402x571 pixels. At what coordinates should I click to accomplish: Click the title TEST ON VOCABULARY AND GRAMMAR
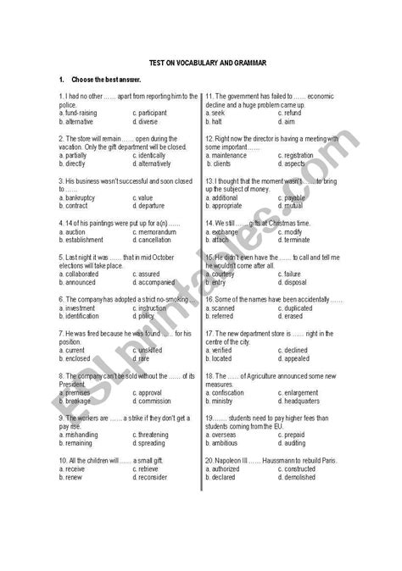(x=200, y=62)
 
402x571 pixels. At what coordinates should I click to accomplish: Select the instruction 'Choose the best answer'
(x=94, y=80)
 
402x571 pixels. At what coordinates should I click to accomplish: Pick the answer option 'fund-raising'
(x=82, y=112)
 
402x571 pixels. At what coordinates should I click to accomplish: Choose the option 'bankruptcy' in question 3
(x=82, y=197)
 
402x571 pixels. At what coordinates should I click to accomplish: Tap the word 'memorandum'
(x=157, y=231)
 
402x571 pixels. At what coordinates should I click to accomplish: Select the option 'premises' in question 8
(x=81, y=393)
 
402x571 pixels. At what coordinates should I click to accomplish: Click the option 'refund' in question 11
(x=292, y=112)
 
